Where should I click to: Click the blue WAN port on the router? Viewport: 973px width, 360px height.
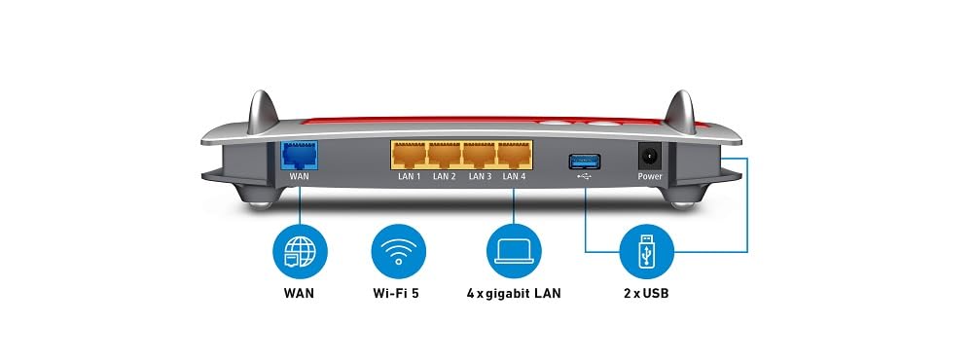(x=299, y=155)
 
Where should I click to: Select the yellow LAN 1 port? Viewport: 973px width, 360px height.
(x=410, y=155)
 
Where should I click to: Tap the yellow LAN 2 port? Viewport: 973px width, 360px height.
(x=445, y=155)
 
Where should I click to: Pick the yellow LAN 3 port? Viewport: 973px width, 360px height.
(x=480, y=155)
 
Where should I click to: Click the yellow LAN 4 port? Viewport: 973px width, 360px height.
(x=515, y=155)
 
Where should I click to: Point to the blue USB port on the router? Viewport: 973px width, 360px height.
(x=585, y=162)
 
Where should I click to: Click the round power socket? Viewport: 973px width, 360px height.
(x=649, y=155)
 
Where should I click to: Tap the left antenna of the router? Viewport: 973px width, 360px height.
(x=263, y=112)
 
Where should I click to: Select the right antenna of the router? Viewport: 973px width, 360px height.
(x=680, y=112)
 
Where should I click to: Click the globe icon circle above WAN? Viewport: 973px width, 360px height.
(x=300, y=251)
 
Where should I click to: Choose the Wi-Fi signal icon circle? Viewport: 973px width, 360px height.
(x=398, y=251)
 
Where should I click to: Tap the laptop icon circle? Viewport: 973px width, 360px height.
(x=514, y=251)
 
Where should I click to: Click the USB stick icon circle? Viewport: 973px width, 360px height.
(x=647, y=251)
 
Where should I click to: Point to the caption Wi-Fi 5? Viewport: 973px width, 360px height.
(x=396, y=293)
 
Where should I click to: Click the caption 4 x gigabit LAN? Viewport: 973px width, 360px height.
(x=514, y=293)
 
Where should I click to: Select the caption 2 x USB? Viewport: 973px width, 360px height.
(x=647, y=293)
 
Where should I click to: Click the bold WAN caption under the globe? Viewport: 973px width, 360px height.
(x=299, y=293)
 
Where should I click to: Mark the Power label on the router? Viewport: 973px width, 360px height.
(x=650, y=176)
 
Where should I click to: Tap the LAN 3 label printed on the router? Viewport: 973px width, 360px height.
(x=480, y=176)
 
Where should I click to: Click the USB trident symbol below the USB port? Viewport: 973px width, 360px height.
(x=585, y=176)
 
